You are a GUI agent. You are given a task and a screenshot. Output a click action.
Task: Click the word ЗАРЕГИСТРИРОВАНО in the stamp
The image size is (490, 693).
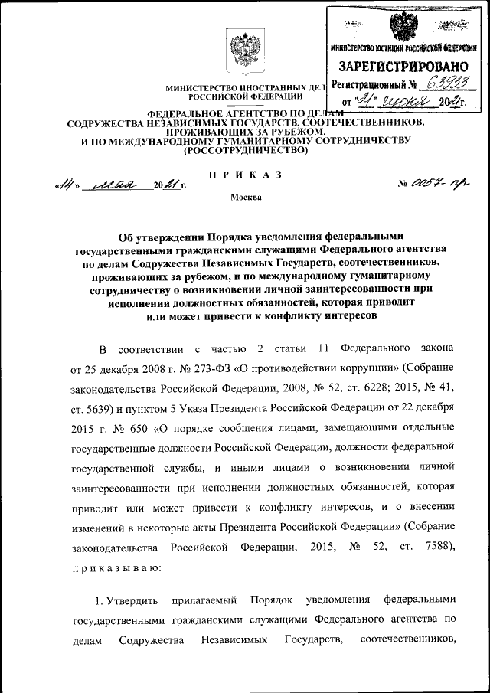403,67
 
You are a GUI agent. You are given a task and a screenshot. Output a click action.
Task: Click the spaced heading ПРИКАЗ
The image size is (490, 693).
245,175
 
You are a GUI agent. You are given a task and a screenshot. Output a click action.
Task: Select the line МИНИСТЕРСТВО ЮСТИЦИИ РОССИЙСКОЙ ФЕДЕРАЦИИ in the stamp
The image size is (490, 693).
403,49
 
